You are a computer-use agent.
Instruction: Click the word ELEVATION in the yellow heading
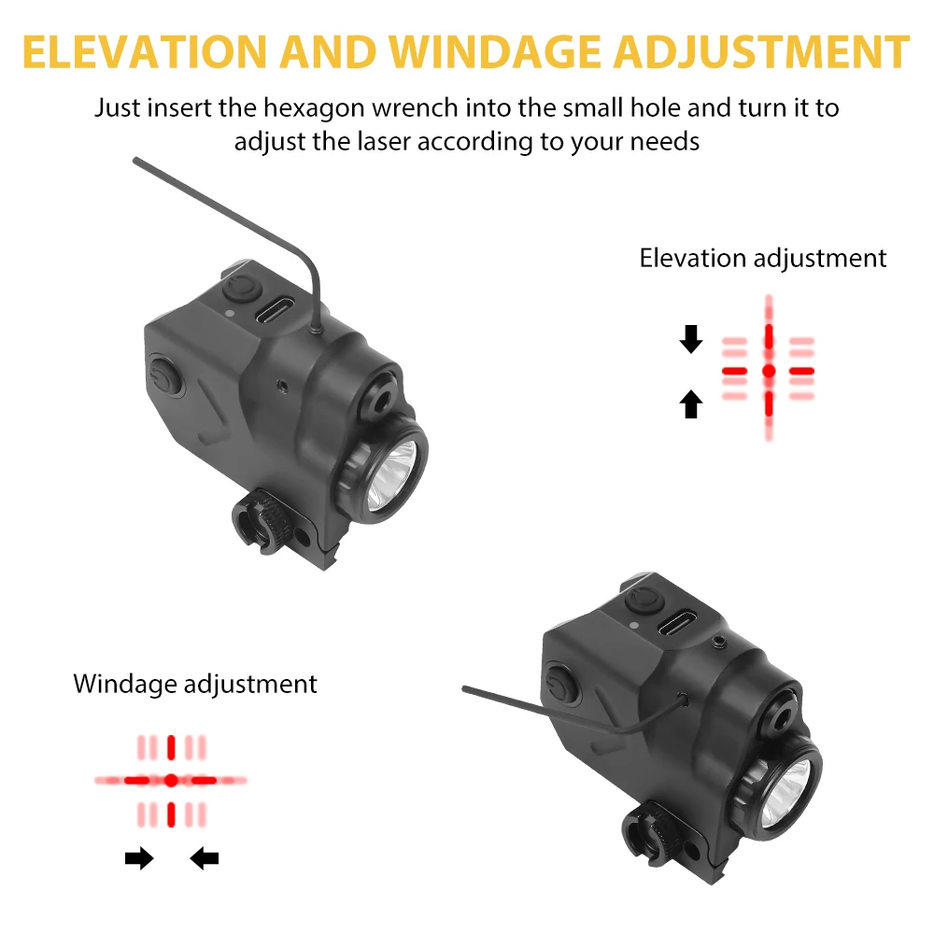[x=144, y=52]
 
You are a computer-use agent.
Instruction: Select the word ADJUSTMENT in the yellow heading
[x=762, y=52]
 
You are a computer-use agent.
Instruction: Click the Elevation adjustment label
[x=762, y=259]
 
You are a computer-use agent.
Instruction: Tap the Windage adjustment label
[x=195, y=684]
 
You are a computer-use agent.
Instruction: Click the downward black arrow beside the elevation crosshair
[x=691, y=339]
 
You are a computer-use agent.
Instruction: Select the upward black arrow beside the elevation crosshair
[x=691, y=403]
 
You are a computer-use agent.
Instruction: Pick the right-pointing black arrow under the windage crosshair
[x=139, y=858]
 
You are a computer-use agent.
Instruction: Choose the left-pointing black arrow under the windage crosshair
[x=205, y=858]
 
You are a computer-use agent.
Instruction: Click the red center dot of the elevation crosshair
[x=769, y=371]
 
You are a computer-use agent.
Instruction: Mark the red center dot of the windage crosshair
[x=171, y=780]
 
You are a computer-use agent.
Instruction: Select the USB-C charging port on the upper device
[x=275, y=310]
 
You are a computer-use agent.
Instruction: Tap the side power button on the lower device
[x=560, y=684]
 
